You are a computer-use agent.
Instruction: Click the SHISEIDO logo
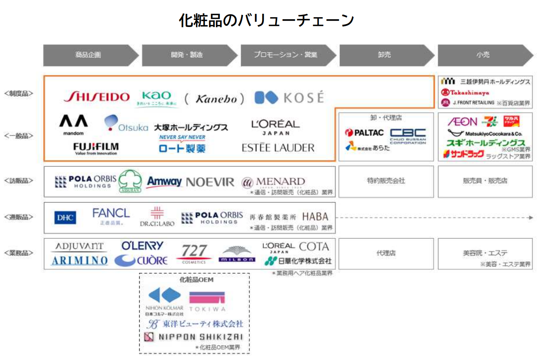pyautogui.click(x=97, y=97)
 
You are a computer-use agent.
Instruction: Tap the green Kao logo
pyautogui.click(x=157, y=98)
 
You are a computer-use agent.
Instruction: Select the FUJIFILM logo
pyautogui.click(x=96, y=148)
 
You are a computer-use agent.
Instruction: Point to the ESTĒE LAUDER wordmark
pyautogui.click(x=278, y=148)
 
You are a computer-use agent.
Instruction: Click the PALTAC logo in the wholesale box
pyautogui.click(x=365, y=133)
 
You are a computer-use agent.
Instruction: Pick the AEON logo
pyautogui.click(x=463, y=122)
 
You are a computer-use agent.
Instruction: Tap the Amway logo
pyautogui.click(x=164, y=182)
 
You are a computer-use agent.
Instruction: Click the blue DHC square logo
pyautogui.click(x=65, y=218)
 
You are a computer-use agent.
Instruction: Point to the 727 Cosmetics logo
pyautogui.click(x=194, y=253)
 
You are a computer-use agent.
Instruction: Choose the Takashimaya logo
pyautogui.click(x=465, y=93)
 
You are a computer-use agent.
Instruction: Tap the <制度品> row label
pyautogui.click(x=19, y=94)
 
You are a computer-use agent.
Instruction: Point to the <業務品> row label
pyautogui.click(x=19, y=253)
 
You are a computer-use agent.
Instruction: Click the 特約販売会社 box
pyautogui.click(x=386, y=181)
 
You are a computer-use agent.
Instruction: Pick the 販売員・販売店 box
pyautogui.click(x=485, y=181)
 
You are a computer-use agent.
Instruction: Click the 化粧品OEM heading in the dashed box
pyautogui.click(x=196, y=280)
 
